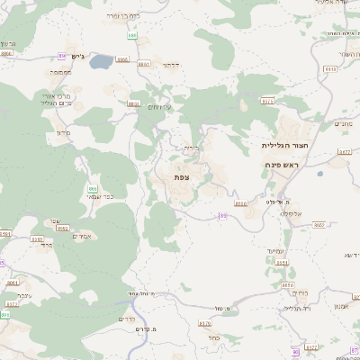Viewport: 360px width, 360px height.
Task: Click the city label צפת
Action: pos(181,177)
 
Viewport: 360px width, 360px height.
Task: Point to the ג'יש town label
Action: pos(77,57)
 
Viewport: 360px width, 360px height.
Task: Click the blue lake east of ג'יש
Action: pos(102,62)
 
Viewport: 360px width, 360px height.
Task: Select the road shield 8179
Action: pos(204,322)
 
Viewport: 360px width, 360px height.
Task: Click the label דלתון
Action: pos(173,64)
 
